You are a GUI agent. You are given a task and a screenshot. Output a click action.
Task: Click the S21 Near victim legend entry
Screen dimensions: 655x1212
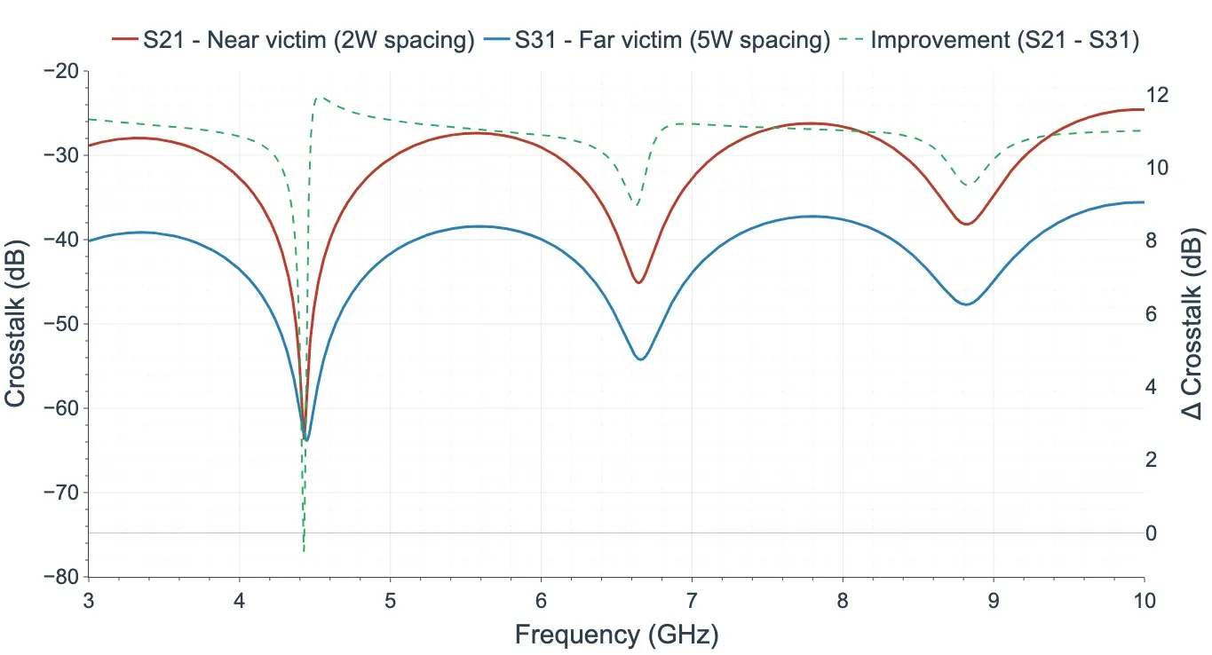point(293,41)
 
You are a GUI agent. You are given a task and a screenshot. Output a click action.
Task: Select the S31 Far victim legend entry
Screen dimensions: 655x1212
point(657,41)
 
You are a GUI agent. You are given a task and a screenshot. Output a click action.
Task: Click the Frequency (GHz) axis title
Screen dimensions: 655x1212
point(616,634)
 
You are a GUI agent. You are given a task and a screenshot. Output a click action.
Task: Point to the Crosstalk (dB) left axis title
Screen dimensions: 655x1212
point(16,324)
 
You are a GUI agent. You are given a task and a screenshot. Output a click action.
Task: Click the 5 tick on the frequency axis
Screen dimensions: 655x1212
point(390,600)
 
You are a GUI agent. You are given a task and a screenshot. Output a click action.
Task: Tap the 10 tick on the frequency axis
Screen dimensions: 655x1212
point(1144,600)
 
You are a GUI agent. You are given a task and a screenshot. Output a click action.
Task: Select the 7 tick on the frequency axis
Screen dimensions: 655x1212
point(692,600)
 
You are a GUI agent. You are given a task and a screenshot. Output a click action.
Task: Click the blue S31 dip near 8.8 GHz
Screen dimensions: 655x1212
point(966,304)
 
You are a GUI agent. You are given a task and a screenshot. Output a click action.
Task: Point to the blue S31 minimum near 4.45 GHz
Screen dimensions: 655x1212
point(306,439)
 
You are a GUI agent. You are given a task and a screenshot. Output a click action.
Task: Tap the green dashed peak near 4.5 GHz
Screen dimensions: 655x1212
point(320,98)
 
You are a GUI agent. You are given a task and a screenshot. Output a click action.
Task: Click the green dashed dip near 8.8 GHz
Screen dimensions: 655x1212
point(968,185)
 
